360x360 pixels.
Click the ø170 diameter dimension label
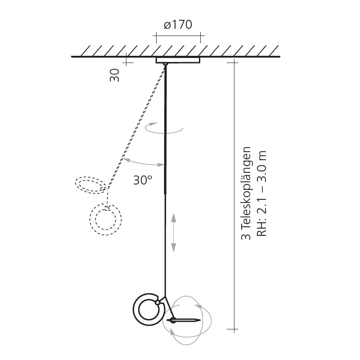tap(178, 25)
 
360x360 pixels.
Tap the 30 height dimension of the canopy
tap(114, 75)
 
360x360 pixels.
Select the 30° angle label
tap(143, 180)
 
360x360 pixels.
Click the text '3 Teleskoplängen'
tap(246, 193)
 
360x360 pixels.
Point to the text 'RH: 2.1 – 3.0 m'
tap(261, 194)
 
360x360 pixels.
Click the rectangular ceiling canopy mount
tap(178, 60)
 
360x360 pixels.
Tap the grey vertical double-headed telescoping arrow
tap(174, 233)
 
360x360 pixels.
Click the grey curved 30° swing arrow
tap(143, 163)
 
